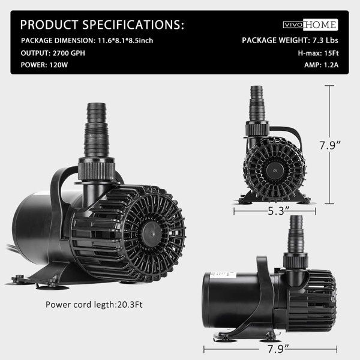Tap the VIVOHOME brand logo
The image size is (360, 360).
tap(310, 25)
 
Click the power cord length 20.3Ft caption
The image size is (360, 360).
tap(94, 304)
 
